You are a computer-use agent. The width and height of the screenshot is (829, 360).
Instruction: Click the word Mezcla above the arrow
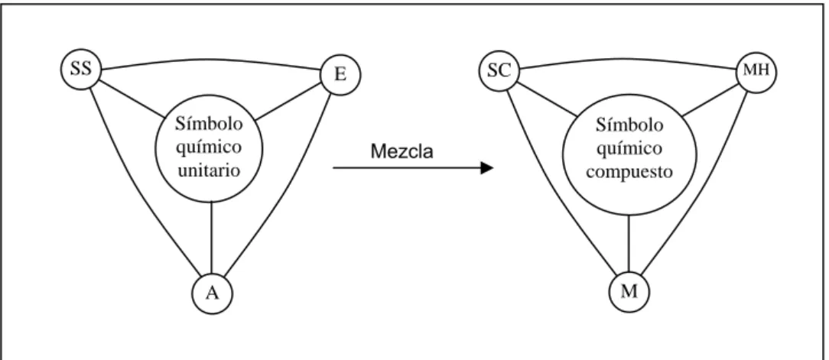click(401, 151)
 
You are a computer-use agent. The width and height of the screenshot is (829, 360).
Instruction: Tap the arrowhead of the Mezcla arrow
click(487, 168)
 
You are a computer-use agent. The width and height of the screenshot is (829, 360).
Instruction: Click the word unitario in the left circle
click(210, 170)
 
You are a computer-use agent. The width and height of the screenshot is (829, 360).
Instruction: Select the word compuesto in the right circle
click(629, 172)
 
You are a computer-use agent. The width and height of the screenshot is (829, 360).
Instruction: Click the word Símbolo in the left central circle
click(210, 124)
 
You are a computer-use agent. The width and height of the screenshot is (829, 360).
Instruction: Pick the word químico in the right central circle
click(629, 148)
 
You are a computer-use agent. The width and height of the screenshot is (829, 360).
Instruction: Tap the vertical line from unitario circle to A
click(212, 238)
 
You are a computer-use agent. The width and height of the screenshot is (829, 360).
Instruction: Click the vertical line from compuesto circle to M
click(629, 244)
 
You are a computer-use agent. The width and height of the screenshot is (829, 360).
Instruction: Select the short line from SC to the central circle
click(546, 99)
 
